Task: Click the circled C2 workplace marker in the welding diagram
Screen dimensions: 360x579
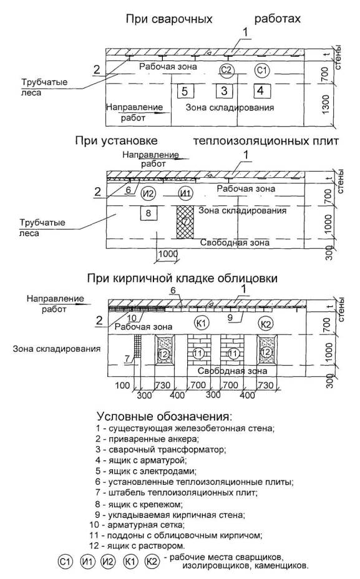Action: pos(226,69)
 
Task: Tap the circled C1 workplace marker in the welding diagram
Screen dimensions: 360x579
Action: pos(262,69)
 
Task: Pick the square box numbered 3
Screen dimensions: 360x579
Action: pos(224,91)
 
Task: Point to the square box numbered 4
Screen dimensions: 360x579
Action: pos(262,91)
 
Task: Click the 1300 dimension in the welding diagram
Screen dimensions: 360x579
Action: pos(326,104)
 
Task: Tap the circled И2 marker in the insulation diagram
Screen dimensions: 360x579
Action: pos(148,193)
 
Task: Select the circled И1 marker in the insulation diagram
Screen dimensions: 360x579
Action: pos(186,193)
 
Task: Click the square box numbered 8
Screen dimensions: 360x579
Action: pos(148,213)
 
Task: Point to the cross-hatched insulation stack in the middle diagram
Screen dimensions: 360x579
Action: pos(185,222)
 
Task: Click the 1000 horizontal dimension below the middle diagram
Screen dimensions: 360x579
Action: pos(168,254)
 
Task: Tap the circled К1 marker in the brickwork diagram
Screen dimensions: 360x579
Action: pos(202,323)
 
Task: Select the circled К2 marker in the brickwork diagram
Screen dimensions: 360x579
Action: pos(266,324)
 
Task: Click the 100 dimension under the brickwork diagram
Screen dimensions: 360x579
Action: pos(122,386)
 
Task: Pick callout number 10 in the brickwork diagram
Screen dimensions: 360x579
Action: pos(131,318)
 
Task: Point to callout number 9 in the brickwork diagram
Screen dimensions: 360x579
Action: pos(230,317)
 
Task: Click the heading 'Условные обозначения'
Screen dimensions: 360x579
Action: pos(165,417)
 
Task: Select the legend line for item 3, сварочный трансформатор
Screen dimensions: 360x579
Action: pos(160,450)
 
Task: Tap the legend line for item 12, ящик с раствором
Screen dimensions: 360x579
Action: pos(137,545)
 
